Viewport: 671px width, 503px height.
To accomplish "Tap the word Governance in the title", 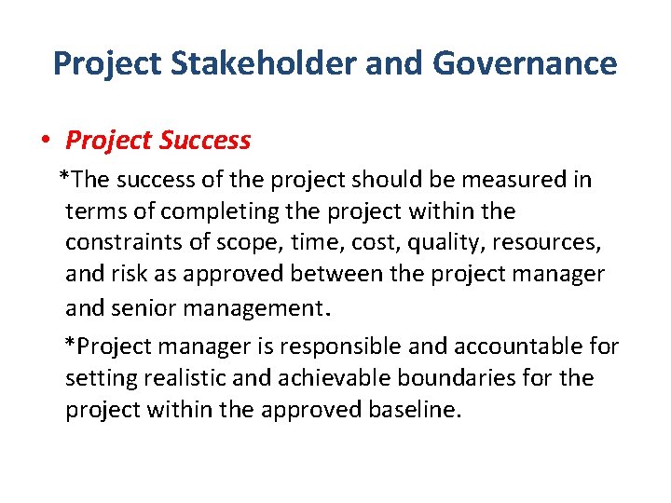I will coord(524,63).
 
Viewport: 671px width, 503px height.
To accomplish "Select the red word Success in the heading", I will coord(205,141).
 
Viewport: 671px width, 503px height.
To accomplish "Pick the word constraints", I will coord(126,243).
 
